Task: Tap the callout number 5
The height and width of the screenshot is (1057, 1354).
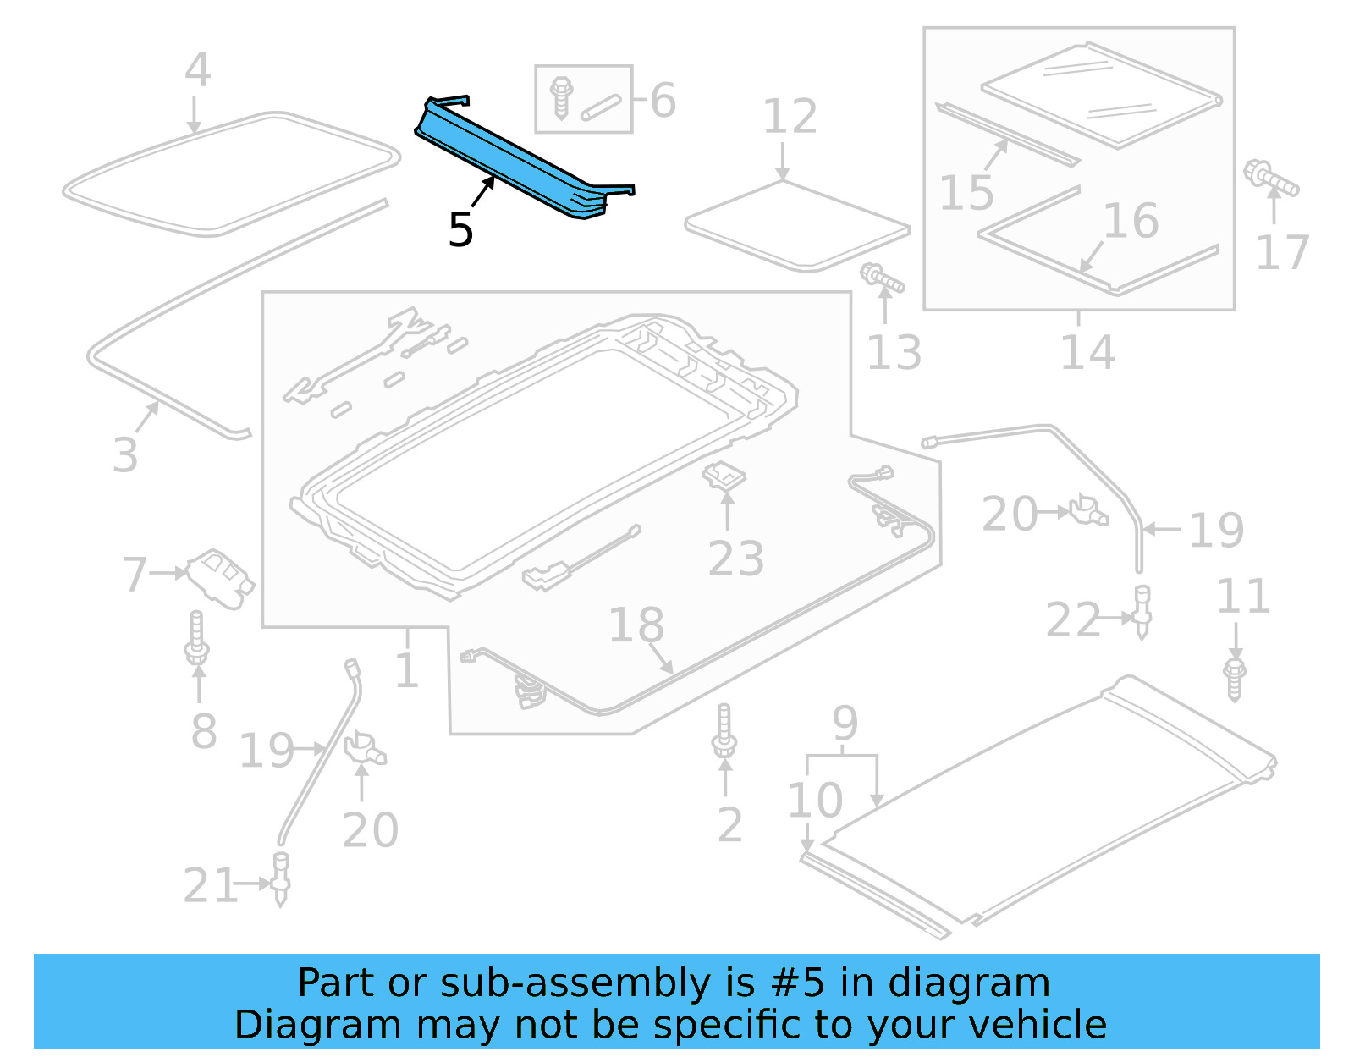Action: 460,229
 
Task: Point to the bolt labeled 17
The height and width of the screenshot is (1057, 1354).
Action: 1270,179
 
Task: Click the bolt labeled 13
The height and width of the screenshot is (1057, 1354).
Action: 883,278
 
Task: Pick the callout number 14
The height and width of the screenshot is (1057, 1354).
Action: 1087,352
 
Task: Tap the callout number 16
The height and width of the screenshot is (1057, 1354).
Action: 1131,221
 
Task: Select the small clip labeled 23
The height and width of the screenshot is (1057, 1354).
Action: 724,476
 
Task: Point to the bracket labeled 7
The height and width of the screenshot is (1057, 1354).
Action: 220,575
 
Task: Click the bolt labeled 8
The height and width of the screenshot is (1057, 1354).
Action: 197,639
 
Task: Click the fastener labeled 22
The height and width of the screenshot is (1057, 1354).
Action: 1142,611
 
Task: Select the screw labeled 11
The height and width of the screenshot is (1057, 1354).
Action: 1235,679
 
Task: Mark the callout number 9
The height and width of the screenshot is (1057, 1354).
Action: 845,724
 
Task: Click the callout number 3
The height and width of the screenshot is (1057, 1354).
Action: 125,454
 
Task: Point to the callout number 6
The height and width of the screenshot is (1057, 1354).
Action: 663,101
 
